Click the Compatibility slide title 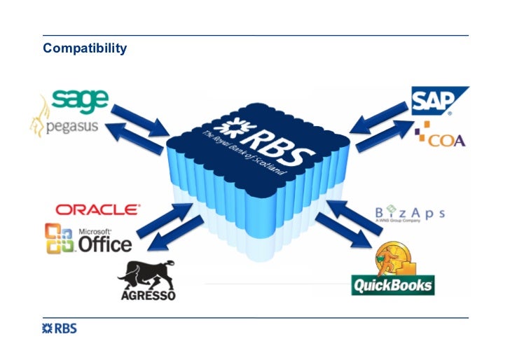(85, 48)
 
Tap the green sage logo (81, 100)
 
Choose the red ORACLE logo (97, 209)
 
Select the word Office (103, 243)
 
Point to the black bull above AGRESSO (146, 273)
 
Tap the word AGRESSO (148, 295)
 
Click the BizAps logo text (409, 212)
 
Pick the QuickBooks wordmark (392, 285)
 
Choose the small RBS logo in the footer (60, 328)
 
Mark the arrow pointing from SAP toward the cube (378, 116)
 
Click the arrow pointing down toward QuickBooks (344, 231)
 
